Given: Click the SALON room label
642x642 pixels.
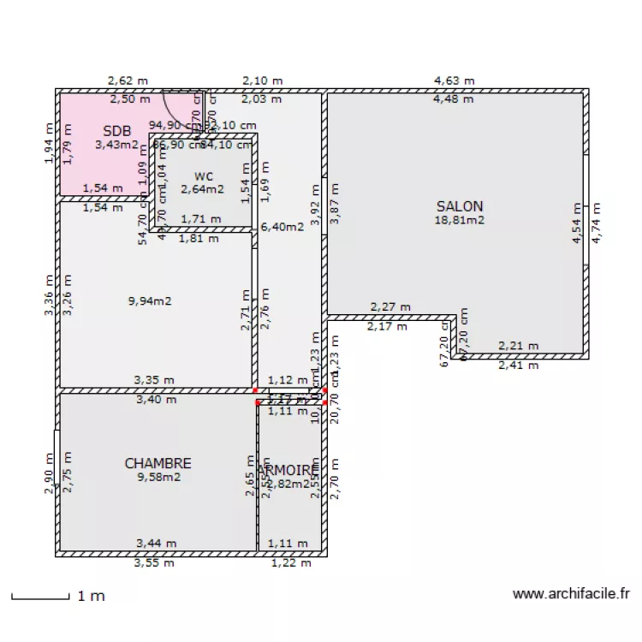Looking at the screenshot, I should [x=460, y=206].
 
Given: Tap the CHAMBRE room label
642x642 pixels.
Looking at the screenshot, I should [x=158, y=463].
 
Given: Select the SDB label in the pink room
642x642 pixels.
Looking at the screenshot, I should [x=117, y=131].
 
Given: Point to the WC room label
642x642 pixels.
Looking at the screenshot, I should [x=202, y=176].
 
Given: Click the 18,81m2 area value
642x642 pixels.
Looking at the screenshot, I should [x=460, y=220].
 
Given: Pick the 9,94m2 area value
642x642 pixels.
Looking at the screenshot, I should [x=150, y=300].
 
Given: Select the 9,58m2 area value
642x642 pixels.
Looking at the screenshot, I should [x=158, y=477].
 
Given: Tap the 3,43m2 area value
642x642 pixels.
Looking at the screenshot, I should [x=116, y=145].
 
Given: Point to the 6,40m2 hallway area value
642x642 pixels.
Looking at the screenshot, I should [x=282, y=227].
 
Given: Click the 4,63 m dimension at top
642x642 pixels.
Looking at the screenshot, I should [x=454, y=80].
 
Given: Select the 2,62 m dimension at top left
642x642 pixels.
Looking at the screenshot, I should [x=128, y=80].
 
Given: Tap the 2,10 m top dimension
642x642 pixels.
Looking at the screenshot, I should [x=262, y=80].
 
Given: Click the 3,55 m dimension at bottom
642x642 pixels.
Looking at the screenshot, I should [x=154, y=563].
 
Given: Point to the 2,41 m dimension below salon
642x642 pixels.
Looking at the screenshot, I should [x=519, y=365].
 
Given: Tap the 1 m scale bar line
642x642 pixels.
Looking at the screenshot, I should [x=39, y=596].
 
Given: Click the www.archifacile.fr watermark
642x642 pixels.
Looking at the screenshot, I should [x=571, y=593].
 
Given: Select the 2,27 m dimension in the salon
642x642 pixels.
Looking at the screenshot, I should [x=389, y=306].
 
